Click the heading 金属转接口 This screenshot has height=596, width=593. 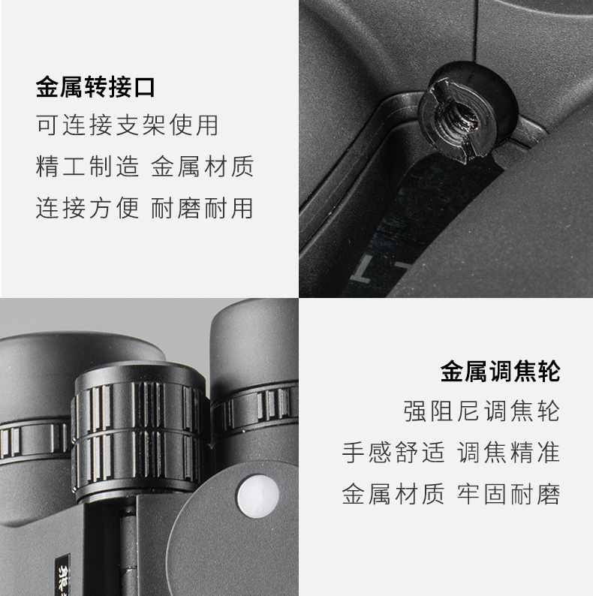(95, 87)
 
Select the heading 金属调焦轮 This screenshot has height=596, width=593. (500, 372)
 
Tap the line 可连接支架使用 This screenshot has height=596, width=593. (128, 125)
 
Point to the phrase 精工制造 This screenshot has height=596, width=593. (87, 167)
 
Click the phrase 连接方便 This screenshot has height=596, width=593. (87, 208)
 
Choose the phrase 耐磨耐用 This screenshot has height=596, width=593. (202, 208)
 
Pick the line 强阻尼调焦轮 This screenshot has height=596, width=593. (482, 411)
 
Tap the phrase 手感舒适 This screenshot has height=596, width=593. (393, 453)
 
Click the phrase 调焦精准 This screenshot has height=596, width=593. (509, 453)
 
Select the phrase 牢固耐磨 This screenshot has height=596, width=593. (509, 494)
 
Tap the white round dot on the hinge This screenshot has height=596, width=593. (258, 496)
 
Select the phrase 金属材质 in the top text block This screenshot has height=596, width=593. (202, 167)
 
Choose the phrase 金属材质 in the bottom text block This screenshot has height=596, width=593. (393, 494)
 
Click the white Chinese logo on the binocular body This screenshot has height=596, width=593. (62, 575)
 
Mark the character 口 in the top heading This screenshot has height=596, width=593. (144, 87)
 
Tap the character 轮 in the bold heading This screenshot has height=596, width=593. (549, 372)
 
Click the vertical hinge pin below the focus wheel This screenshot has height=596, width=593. (128, 551)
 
